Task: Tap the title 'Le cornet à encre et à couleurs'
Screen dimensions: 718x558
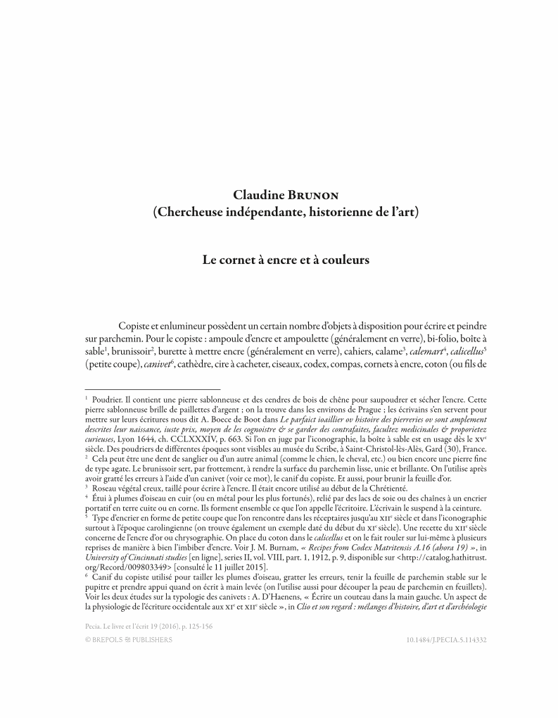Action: click(286, 260)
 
